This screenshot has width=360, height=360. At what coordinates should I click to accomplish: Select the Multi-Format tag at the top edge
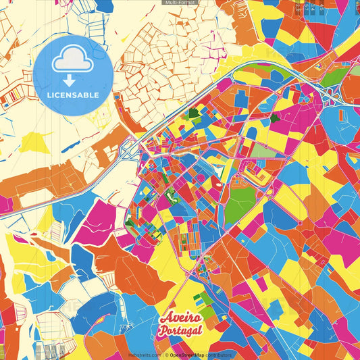(x=180, y=3)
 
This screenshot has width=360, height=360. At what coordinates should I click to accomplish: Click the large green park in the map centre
(x=240, y=206)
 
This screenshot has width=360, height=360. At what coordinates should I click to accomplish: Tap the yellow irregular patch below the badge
(x=34, y=142)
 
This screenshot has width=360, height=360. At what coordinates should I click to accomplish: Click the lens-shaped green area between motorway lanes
(x=332, y=76)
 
